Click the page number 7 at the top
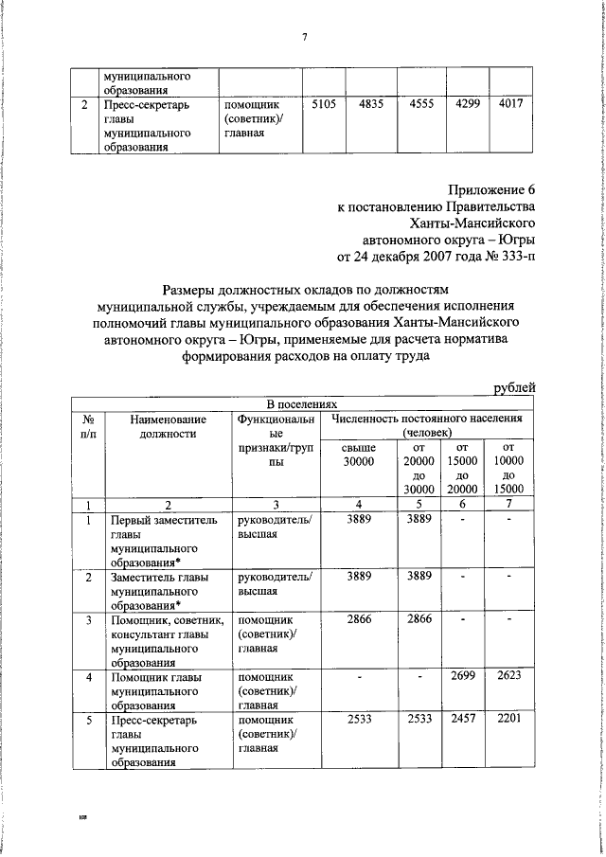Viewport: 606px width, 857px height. coord(305,37)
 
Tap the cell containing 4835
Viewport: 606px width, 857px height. coord(370,105)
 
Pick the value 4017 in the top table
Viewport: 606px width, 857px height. coord(510,105)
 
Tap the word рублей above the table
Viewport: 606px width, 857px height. coord(516,386)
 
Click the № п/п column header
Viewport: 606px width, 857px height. coord(87,425)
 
